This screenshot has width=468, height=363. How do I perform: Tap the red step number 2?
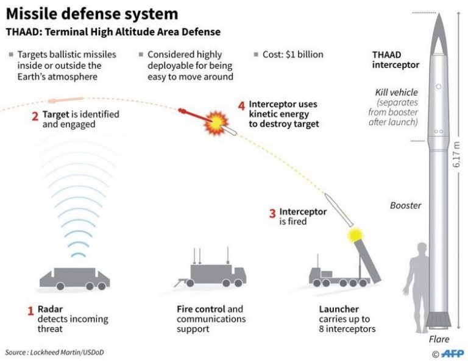point(35,113)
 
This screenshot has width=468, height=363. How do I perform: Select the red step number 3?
point(272,213)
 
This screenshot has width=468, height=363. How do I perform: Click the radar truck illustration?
point(74,278)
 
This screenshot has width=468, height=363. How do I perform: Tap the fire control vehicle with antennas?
point(209,273)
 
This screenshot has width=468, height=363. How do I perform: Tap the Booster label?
point(405,205)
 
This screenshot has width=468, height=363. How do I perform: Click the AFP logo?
point(450,353)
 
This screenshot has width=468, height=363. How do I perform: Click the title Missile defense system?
point(92,13)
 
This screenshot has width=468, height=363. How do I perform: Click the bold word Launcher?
point(339,309)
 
